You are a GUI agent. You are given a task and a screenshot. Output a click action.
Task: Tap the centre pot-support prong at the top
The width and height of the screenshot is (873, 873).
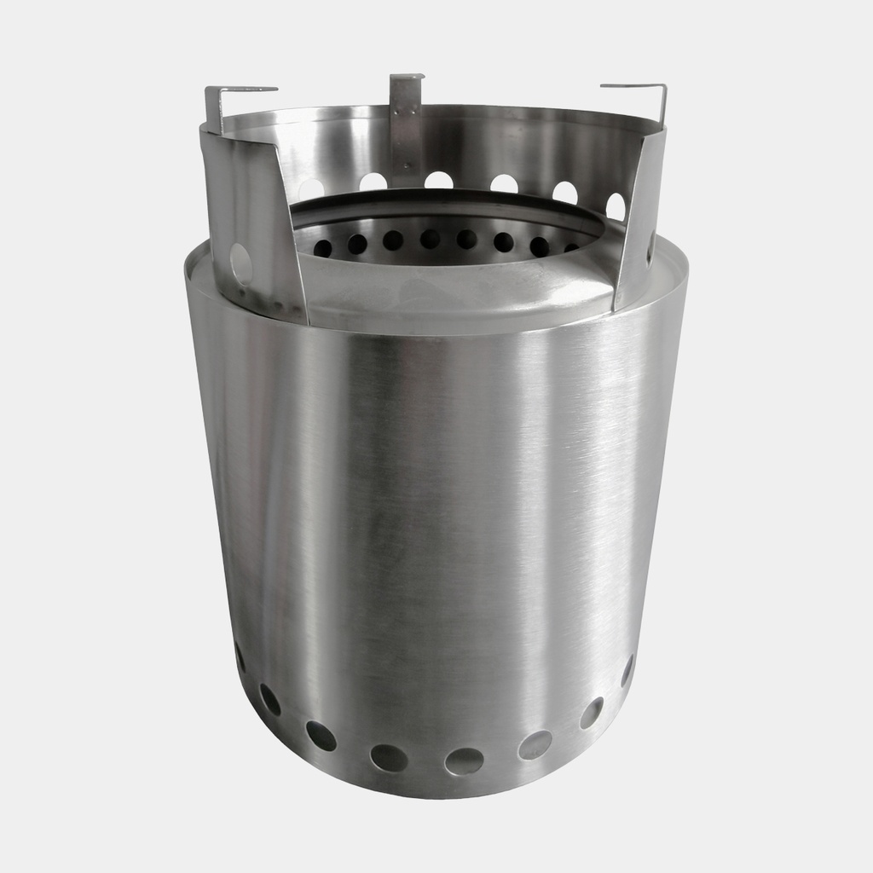(407, 79)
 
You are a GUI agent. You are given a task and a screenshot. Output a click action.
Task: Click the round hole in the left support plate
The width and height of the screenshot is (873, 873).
(241, 263)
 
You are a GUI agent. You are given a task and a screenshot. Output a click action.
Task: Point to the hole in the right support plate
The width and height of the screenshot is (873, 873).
(650, 247)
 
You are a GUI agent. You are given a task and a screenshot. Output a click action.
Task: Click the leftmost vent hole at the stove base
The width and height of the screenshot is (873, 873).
(240, 657)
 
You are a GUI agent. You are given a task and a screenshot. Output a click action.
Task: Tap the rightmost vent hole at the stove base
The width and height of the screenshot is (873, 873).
(627, 670)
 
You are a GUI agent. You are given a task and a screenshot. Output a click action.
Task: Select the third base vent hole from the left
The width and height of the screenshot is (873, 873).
(321, 736)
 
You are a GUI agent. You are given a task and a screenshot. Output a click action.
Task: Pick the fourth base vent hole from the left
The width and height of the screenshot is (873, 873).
(389, 757)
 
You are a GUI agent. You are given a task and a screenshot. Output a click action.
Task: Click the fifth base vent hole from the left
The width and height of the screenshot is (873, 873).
(464, 760)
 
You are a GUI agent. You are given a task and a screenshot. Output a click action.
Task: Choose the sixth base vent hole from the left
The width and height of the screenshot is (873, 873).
(535, 744)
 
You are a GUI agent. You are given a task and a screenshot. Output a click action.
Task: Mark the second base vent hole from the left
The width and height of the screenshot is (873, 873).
(270, 700)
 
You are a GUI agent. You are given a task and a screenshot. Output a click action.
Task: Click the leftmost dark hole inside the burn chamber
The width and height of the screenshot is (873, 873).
(323, 248)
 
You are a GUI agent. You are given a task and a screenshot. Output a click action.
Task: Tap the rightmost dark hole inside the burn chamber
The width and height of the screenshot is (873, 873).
(571, 248)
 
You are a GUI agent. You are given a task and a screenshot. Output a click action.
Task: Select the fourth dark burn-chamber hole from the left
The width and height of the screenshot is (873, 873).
(430, 239)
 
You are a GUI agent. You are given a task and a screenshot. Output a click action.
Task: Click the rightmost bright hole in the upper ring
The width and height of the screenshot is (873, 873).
(616, 206)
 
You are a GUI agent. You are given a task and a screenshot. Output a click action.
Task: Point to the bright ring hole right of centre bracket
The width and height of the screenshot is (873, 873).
(438, 180)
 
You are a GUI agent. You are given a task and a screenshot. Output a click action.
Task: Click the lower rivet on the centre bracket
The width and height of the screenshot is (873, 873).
(407, 166)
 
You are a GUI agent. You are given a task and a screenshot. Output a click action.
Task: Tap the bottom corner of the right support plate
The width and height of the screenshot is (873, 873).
(616, 309)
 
